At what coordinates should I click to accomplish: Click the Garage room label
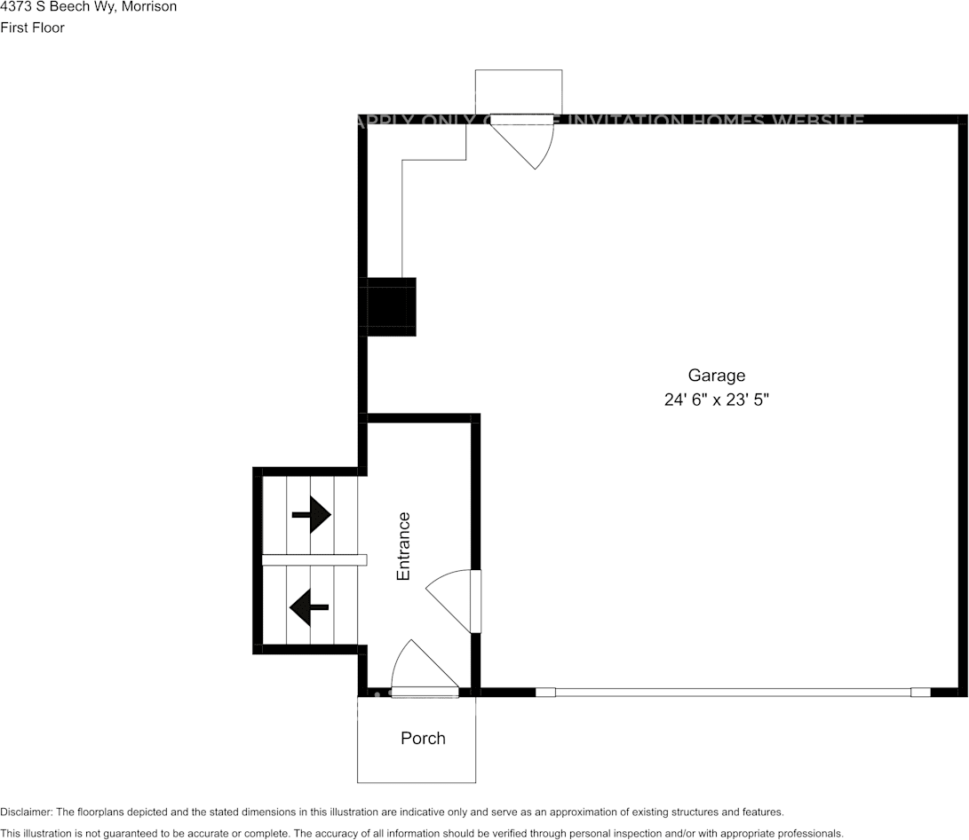click(x=716, y=376)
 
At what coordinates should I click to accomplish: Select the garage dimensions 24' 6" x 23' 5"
click(x=716, y=400)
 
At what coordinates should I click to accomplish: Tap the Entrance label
click(x=403, y=546)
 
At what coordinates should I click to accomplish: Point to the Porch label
click(x=423, y=738)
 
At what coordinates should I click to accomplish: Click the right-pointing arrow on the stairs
click(x=312, y=513)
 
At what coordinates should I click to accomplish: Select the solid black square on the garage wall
click(x=391, y=306)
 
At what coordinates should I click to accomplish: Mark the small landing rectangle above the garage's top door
click(x=519, y=91)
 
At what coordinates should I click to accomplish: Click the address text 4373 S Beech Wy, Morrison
click(x=88, y=7)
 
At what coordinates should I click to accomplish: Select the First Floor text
click(x=33, y=28)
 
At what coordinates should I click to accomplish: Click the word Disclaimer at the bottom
click(x=26, y=812)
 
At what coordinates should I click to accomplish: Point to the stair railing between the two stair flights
click(x=314, y=560)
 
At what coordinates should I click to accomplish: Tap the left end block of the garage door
click(x=545, y=693)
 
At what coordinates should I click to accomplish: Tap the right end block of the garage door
click(x=920, y=693)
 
